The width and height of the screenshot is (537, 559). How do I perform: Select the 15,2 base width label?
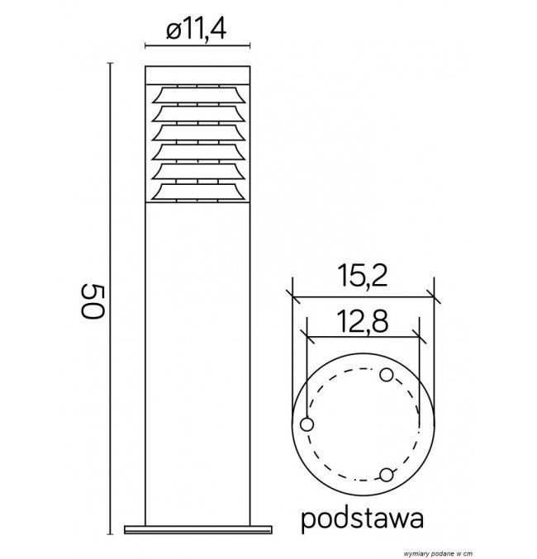click(x=364, y=276)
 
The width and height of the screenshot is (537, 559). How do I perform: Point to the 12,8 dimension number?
click(x=363, y=321)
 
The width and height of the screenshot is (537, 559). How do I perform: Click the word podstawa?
click(x=363, y=519)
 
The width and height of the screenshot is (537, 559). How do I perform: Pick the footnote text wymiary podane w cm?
click(x=438, y=554)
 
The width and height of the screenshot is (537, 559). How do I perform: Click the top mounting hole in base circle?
click(x=387, y=375)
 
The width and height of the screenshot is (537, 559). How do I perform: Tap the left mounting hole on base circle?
click(x=307, y=424)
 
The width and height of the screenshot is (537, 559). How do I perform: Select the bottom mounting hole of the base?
click(x=386, y=475)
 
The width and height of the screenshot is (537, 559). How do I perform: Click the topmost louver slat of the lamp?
click(x=198, y=95)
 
